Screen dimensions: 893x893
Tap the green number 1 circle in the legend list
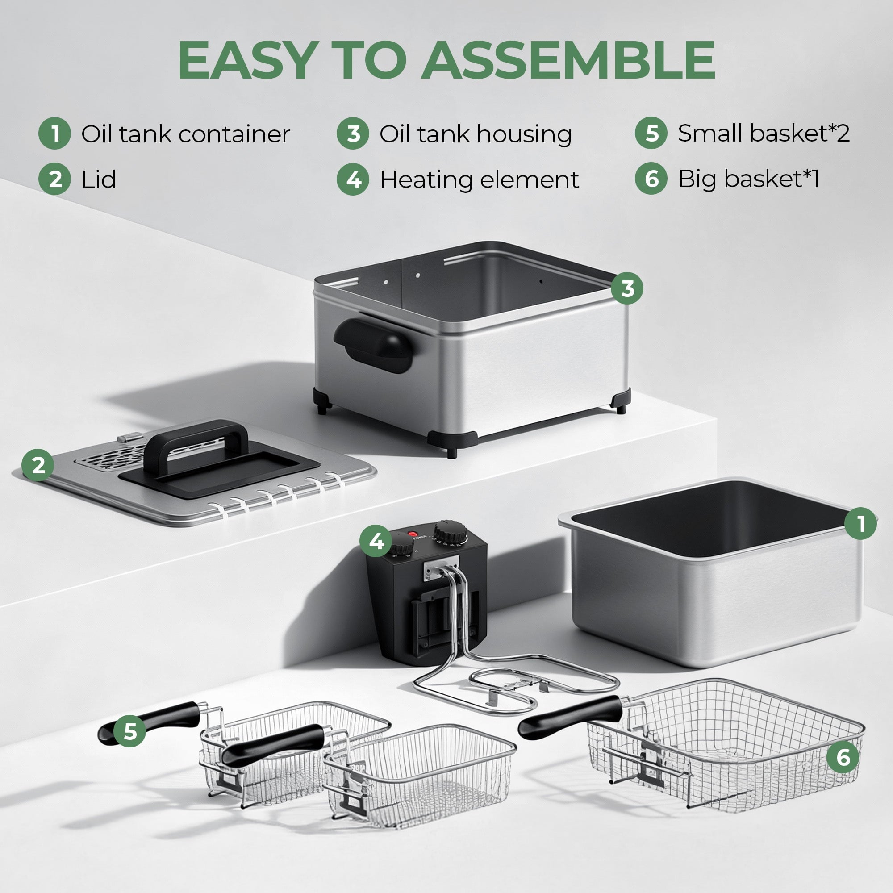coord(54,134)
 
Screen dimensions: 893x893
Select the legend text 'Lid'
coord(98,179)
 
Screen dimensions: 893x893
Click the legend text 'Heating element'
coord(479,179)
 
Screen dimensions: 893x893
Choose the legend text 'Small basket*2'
coord(763,133)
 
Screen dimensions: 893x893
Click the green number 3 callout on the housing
coord(627,288)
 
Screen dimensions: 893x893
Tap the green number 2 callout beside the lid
coord(38,465)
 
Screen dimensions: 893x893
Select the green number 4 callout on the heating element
coord(376,541)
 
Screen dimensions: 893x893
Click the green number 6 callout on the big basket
coord(843,758)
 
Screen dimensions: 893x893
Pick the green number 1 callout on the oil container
coord(860,524)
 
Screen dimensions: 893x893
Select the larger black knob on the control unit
coord(449,533)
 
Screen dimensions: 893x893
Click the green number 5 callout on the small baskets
coord(130,732)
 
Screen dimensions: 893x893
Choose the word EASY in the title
coord(248,60)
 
